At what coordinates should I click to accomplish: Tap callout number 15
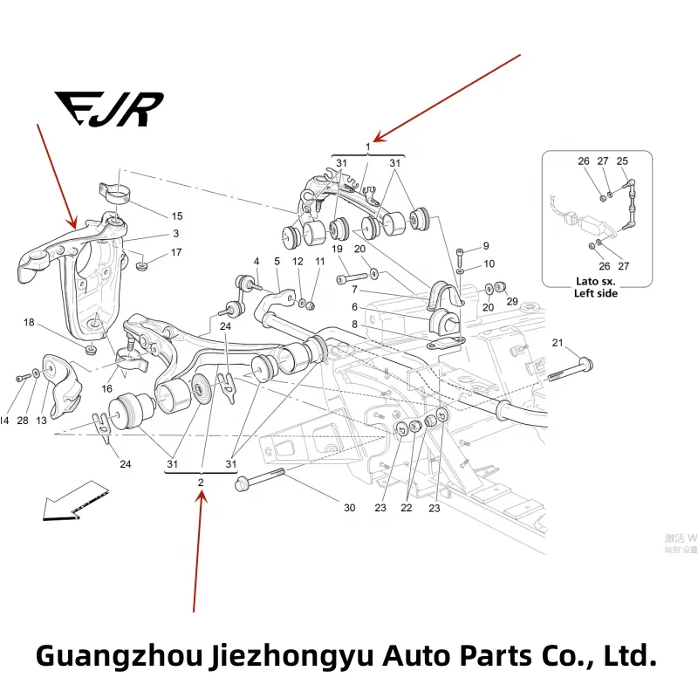pyautogui.click(x=176, y=216)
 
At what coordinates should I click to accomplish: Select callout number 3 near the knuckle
pyautogui.click(x=175, y=234)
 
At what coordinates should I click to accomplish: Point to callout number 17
pyautogui.click(x=176, y=253)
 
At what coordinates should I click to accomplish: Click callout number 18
pyautogui.click(x=29, y=323)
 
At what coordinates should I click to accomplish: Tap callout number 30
pyautogui.click(x=350, y=508)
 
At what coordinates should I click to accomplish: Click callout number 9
pyautogui.click(x=486, y=246)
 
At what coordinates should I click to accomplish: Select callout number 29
pyautogui.click(x=512, y=301)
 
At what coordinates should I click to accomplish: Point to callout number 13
pyautogui.click(x=41, y=421)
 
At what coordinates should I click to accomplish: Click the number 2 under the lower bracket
pyautogui.click(x=201, y=482)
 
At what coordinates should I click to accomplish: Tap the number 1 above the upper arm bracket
pyautogui.click(x=367, y=147)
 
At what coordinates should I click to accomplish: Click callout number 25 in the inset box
pyautogui.click(x=622, y=161)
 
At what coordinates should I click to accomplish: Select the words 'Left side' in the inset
pyautogui.click(x=596, y=294)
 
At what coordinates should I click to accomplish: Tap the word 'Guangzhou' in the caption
pyautogui.click(x=119, y=656)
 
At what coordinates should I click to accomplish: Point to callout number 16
pyautogui.click(x=107, y=388)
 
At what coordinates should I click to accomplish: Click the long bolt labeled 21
pyautogui.click(x=571, y=368)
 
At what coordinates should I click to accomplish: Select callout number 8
pyautogui.click(x=354, y=325)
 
